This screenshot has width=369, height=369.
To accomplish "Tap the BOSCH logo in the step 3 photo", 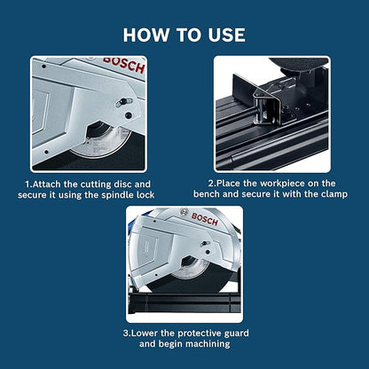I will (203, 218).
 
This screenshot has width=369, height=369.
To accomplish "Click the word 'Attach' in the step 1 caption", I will (51, 184).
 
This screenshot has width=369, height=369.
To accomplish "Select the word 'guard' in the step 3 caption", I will (239, 333).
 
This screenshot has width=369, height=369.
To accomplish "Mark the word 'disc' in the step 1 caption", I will (136, 184).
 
